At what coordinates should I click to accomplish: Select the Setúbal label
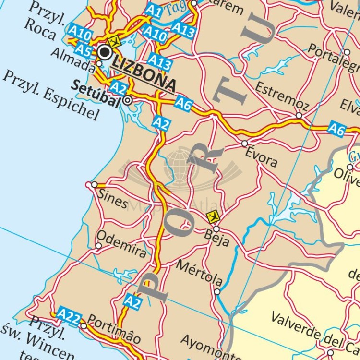(96, 88)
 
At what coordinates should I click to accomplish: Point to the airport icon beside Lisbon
(114, 41)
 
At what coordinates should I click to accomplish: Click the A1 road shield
(153, 10)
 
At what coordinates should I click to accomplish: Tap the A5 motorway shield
(84, 49)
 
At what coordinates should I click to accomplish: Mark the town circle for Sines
(94, 185)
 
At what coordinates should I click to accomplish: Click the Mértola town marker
(217, 291)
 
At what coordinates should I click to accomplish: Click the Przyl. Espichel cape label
(50, 95)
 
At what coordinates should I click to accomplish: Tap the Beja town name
(217, 238)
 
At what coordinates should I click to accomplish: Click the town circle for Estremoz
(299, 116)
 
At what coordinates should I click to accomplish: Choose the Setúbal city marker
(128, 100)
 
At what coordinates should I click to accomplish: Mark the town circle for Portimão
(84, 326)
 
